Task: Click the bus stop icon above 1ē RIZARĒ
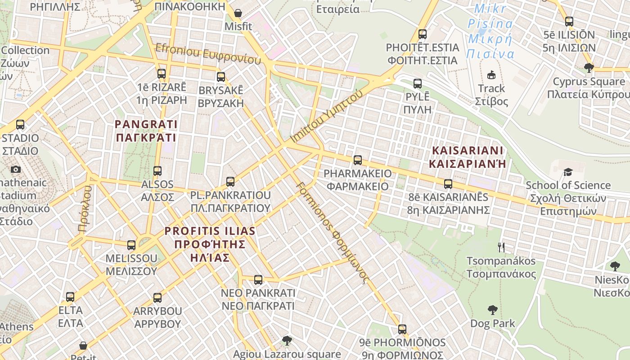coord(162,73)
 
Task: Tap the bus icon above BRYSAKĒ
coord(220,76)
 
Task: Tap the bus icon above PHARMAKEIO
coord(358,160)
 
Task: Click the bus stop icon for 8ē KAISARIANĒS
coord(448,184)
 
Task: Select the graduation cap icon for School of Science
coord(568,172)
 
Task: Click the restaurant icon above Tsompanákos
coord(501,247)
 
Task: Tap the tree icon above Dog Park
coord(493,310)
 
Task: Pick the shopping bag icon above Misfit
coord(238,13)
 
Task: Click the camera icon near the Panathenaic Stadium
coord(16,169)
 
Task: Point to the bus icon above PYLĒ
coord(418,83)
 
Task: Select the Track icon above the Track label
coord(491,75)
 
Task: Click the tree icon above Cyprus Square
coord(589,68)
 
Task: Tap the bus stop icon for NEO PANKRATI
coord(258,279)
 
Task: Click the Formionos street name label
coord(333,232)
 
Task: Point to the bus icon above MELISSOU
coord(131,245)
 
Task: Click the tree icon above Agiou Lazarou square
coord(287,340)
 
